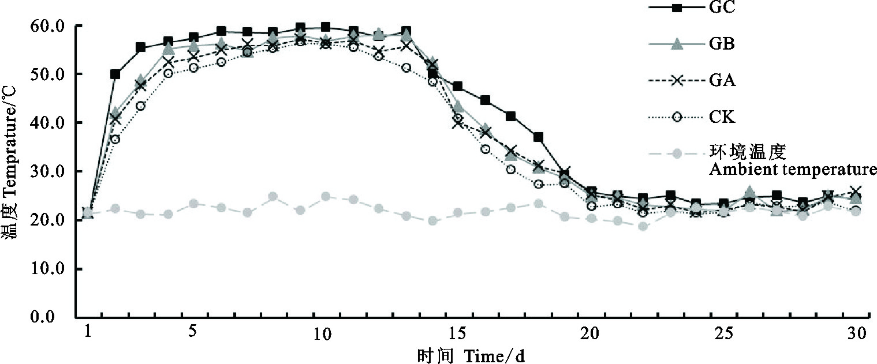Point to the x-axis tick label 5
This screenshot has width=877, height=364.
point(193,333)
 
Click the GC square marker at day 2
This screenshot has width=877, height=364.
point(115,74)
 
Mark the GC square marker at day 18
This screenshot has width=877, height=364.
point(538,137)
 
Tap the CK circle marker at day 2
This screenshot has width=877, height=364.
point(115,139)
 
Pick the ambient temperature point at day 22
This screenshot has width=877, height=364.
point(644,226)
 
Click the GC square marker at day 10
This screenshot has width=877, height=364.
point(326,27)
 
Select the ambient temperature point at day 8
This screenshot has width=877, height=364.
point(273,197)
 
